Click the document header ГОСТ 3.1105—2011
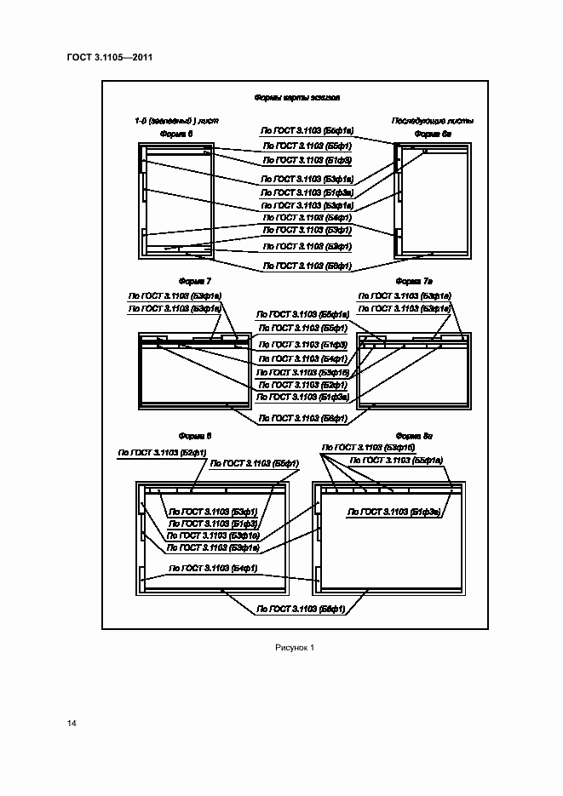pos(109,58)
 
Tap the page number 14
pos(72,723)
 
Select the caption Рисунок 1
pos(295,648)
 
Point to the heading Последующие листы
pos(432,120)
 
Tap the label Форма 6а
pos(432,135)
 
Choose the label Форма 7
pos(194,280)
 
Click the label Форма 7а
pos(415,280)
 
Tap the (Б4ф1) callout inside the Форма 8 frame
pos(214,567)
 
